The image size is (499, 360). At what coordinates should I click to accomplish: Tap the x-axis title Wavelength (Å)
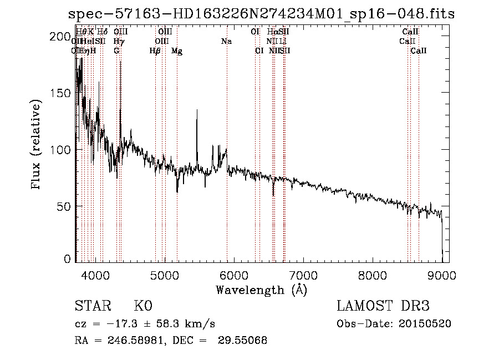pyautogui.click(x=261, y=290)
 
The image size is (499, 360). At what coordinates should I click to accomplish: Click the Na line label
pyautogui.click(x=226, y=42)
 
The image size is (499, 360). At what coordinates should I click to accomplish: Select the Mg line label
pyautogui.click(x=177, y=51)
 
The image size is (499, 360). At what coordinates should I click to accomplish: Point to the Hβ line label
pyautogui.click(x=155, y=51)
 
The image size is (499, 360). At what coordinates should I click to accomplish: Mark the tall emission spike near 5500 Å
pyautogui.click(x=197, y=111)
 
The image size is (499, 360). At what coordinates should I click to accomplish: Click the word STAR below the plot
pyautogui.click(x=91, y=306)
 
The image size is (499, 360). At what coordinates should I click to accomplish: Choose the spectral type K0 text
pyautogui.click(x=143, y=306)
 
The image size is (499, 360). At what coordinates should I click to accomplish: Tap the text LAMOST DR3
pyautogui.click(x=383, y=306)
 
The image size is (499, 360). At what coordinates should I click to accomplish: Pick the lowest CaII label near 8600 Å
pyautogui.click(x=419, y=51)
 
